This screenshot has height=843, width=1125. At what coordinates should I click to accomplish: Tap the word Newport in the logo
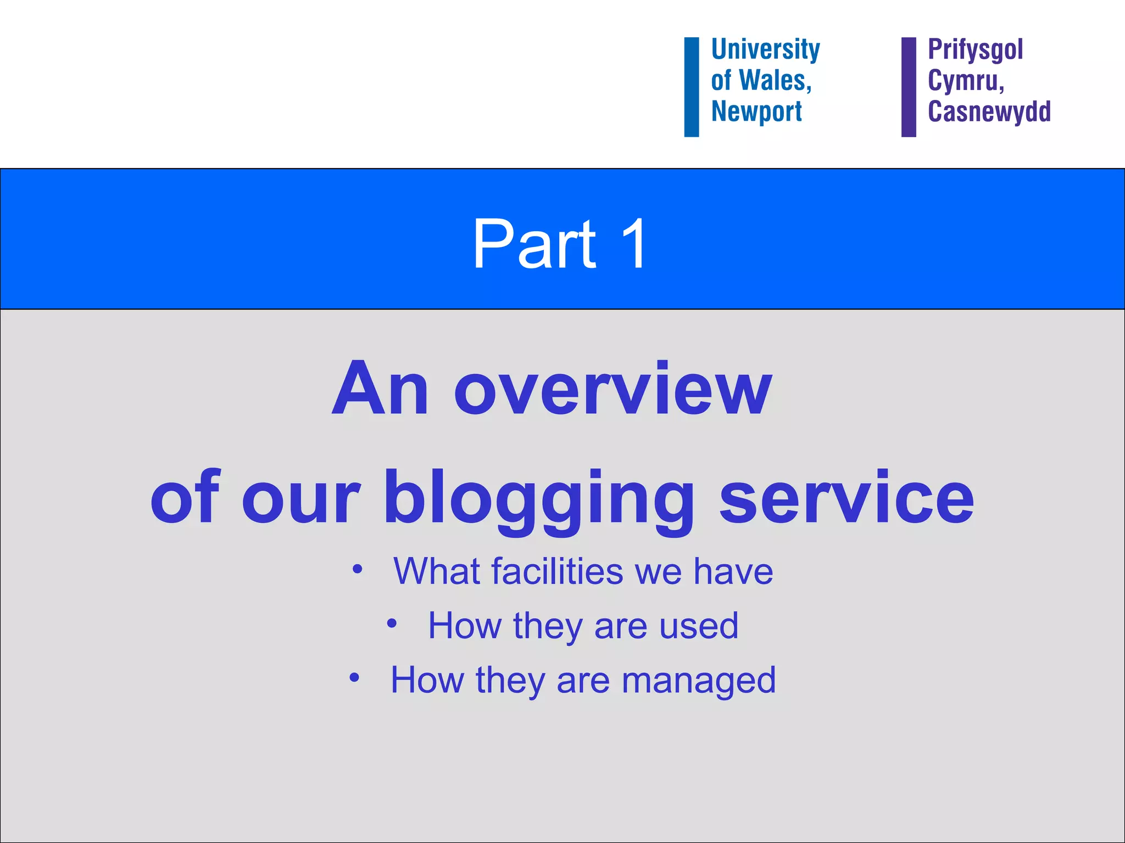coord(756,112)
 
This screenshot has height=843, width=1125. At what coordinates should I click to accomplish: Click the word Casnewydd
coord(989,111)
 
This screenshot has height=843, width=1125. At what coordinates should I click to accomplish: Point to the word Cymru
coord(965,81)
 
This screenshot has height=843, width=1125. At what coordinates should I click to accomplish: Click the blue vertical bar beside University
coord(692,87)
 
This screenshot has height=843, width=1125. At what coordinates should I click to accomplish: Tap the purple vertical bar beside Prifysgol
coord(909,87)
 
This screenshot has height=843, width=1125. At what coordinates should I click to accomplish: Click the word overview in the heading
coord(612,391)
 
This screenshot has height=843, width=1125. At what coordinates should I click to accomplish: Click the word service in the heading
coord(846,499)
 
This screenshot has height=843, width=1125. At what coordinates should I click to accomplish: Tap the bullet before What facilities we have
coord(358,569)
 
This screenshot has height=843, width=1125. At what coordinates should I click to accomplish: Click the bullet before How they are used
coord(392,623)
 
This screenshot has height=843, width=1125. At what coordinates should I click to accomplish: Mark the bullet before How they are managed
coord(354,678)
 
